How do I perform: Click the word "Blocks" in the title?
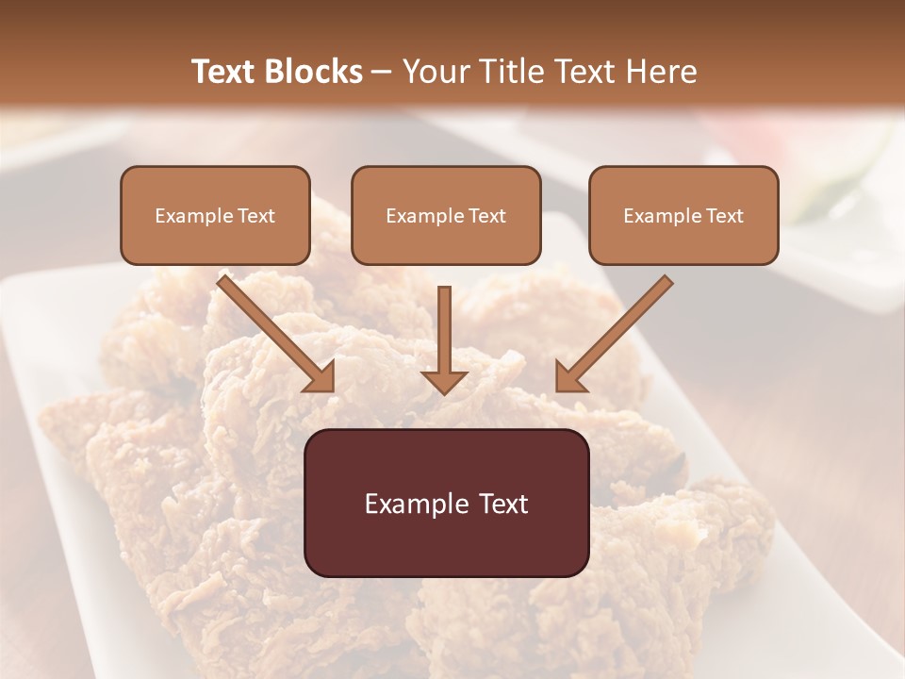tap(315, 72)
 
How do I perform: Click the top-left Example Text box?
tap(215, 215)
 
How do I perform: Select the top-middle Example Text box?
tap(446, 215)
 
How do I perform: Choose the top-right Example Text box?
tap(683, 215)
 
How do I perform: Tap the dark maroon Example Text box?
tap(446, 503)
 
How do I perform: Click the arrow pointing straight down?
tap(444, 339)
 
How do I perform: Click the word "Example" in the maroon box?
tap(413, 504)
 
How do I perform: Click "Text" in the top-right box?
tap(725, 216)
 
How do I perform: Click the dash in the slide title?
tap(382, 73)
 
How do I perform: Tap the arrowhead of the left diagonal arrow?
tap(321, 376)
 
